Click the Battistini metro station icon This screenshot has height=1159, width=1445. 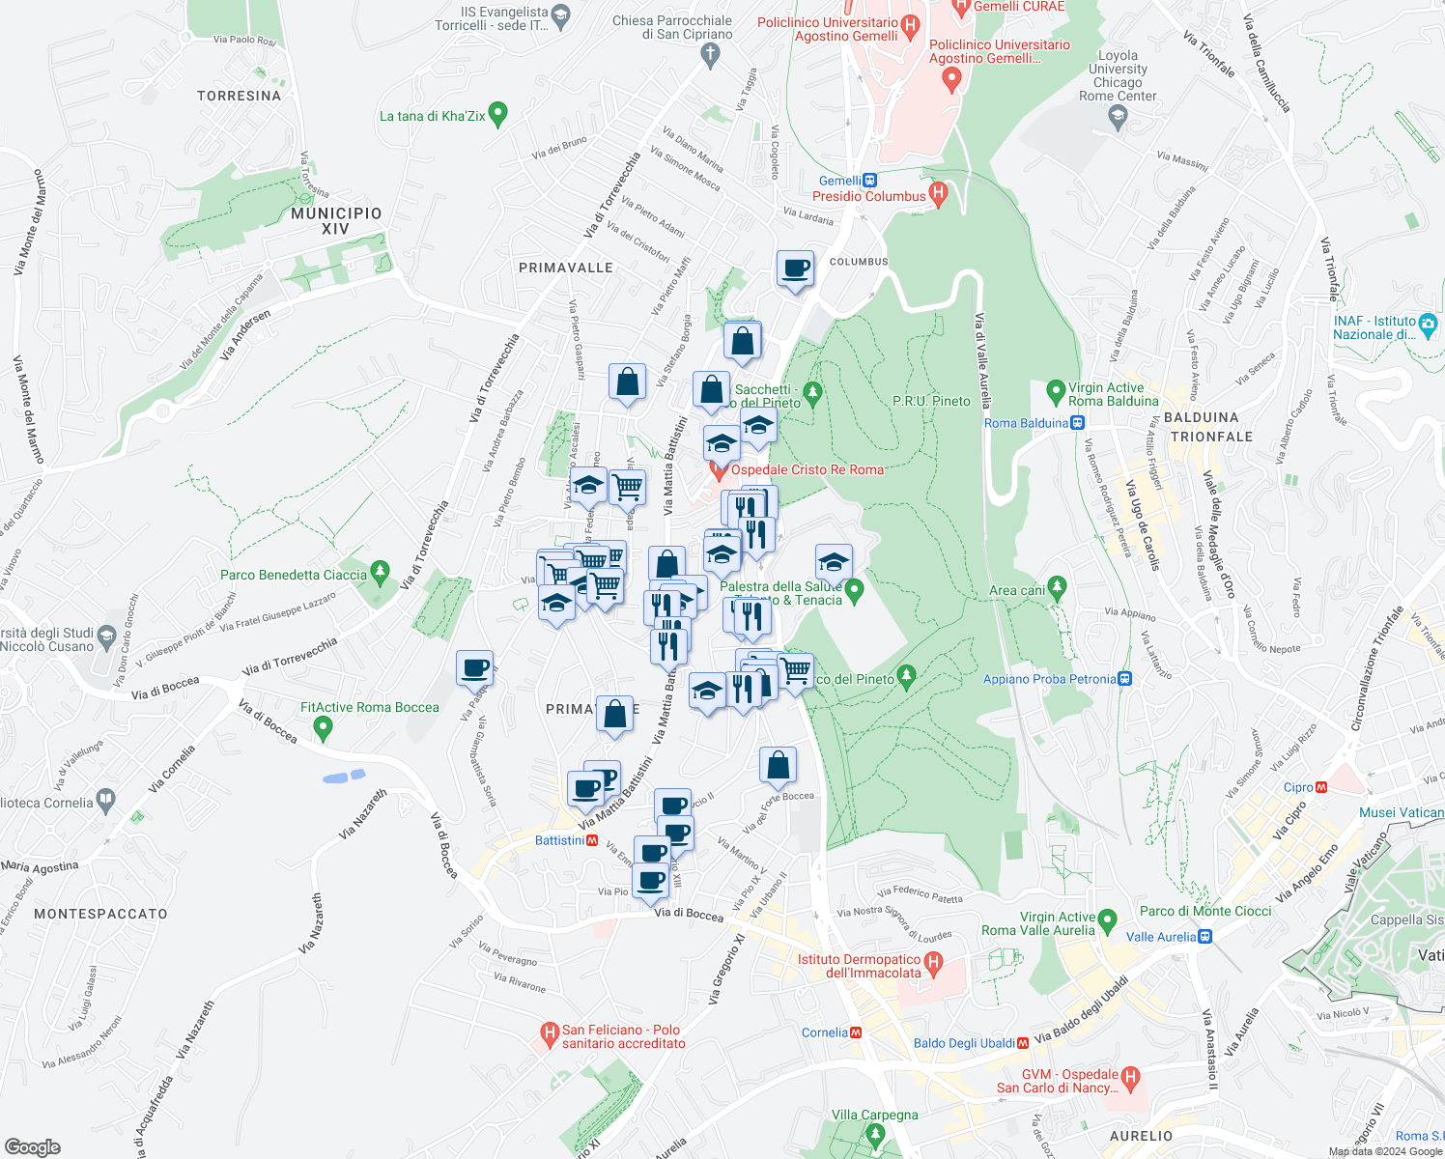593,840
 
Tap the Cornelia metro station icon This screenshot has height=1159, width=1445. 856,1032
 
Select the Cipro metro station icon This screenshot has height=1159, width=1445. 1321,787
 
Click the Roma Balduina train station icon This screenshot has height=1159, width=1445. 1078,423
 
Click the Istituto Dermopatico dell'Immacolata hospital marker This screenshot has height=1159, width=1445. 933,962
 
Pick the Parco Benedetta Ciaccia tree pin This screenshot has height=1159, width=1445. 380,572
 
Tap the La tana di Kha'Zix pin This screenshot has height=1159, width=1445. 498,114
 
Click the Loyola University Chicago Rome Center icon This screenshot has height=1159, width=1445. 1118,117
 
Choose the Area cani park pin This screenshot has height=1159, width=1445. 1058,587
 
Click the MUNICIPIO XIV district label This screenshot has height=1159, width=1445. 336,221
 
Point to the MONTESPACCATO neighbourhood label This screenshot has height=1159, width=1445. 100,914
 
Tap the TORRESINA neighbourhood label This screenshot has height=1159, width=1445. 239,96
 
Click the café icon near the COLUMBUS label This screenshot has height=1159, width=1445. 796,269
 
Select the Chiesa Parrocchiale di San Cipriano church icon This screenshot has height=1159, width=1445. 711,54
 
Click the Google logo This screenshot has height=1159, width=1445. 32,1147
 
